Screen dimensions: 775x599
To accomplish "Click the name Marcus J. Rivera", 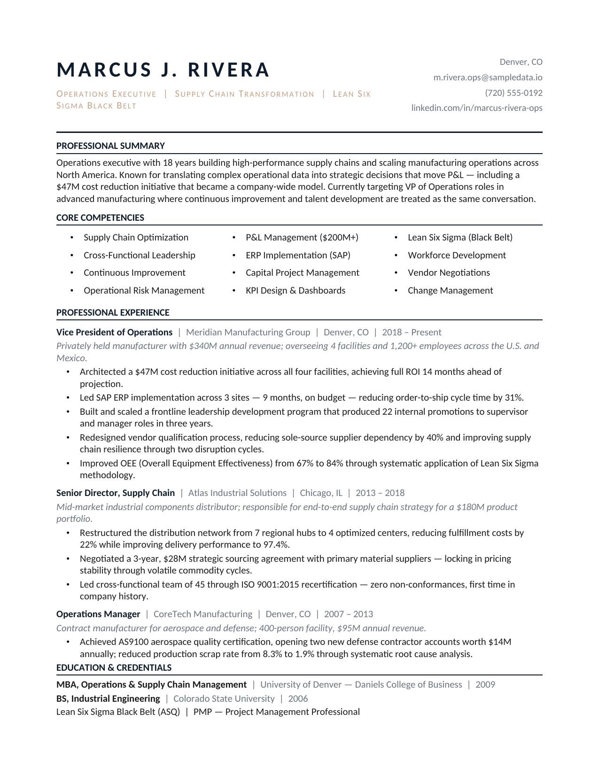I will click(163, 70).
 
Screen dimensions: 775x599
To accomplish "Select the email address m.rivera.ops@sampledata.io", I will click(488, 77).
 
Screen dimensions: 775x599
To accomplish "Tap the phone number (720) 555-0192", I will click(513, 93).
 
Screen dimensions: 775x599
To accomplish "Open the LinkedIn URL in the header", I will click(477, 108).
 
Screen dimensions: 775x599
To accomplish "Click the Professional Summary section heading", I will click(110, 146).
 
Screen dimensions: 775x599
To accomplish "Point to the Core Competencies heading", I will click(100, 218).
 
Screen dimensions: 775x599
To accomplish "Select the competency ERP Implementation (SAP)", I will click(298, 256).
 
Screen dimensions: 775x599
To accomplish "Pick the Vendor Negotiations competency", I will click(449, 273).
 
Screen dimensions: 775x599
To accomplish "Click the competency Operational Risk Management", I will click(144, 291).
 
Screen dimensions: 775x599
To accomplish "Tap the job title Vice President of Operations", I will click(114, 333).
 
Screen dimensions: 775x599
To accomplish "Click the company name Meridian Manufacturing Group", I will click(248, 333).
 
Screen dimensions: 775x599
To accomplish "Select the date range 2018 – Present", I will click(412, 333).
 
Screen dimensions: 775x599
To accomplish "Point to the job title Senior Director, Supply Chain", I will click(116, 493).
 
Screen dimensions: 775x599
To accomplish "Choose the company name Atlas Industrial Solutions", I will click(237, 493).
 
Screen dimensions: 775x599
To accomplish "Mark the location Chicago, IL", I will click(321, 493).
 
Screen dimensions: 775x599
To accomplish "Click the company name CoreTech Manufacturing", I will click(203, 614).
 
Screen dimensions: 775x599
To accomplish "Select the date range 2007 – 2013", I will click(349, 614).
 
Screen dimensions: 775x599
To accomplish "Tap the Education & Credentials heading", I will click(114, 668).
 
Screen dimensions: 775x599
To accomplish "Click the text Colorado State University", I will click(224, 699).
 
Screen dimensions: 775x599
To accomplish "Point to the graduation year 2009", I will click(485, 685).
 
